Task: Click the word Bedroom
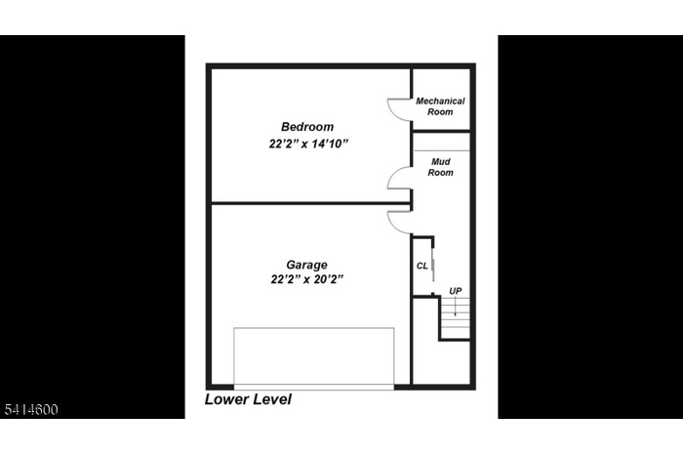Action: click(x=307, y=127)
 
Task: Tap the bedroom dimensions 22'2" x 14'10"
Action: click(x=309, y=144)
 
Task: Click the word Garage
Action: click(x=306, y=265)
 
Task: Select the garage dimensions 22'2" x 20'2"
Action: click(x=307, y=279)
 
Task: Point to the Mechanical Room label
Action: click(x=440, y=106)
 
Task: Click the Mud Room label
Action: click(x=441, y=167)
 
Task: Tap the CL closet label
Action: click(x=422, y=265)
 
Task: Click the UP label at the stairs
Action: click(x=455, y=291)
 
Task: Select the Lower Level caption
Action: click(x=248, y=399)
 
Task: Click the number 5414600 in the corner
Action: click(x=29, y=409)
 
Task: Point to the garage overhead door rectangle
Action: click(x=314, y=357)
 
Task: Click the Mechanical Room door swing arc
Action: click(x=398, y=108)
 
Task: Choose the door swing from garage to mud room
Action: click(x=399, y=222)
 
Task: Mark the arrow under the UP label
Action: click(x=455, y=306)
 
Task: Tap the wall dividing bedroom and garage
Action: click(x=309, y=203)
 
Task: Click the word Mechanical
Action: click(x=440, y=102)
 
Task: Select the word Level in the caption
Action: click(x=270, y=399)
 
